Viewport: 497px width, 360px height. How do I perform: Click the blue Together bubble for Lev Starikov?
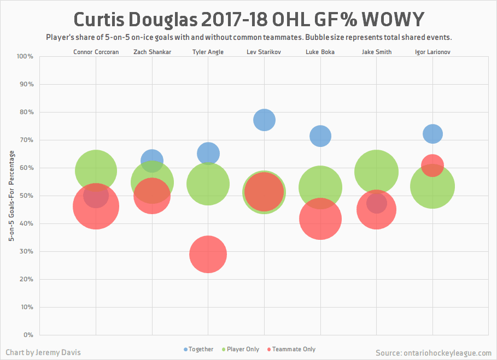click(264, 120)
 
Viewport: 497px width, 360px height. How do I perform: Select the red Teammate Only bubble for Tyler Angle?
click(208, 254)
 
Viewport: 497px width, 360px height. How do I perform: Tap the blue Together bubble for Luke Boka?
click(320, 135)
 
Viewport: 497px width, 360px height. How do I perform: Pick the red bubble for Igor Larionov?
click(432, 164)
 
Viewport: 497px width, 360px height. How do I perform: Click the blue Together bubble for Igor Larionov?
click(432, 133)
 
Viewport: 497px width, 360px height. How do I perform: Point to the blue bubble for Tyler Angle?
click(208, 153)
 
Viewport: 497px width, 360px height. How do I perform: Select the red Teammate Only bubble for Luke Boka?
click(320, 219)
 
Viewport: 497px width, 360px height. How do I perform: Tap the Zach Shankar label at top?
click(152, 52)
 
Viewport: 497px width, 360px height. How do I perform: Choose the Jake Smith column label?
click(376, 52)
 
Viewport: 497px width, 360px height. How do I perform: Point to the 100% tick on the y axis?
click(25, 56)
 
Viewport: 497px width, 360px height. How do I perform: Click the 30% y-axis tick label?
click(27, 251)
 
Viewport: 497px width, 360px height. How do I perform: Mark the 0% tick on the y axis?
click(28, 335)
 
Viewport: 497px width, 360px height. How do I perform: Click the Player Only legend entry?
click(240, 349)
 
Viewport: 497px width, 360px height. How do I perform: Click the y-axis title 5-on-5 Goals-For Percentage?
click(11, 195)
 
